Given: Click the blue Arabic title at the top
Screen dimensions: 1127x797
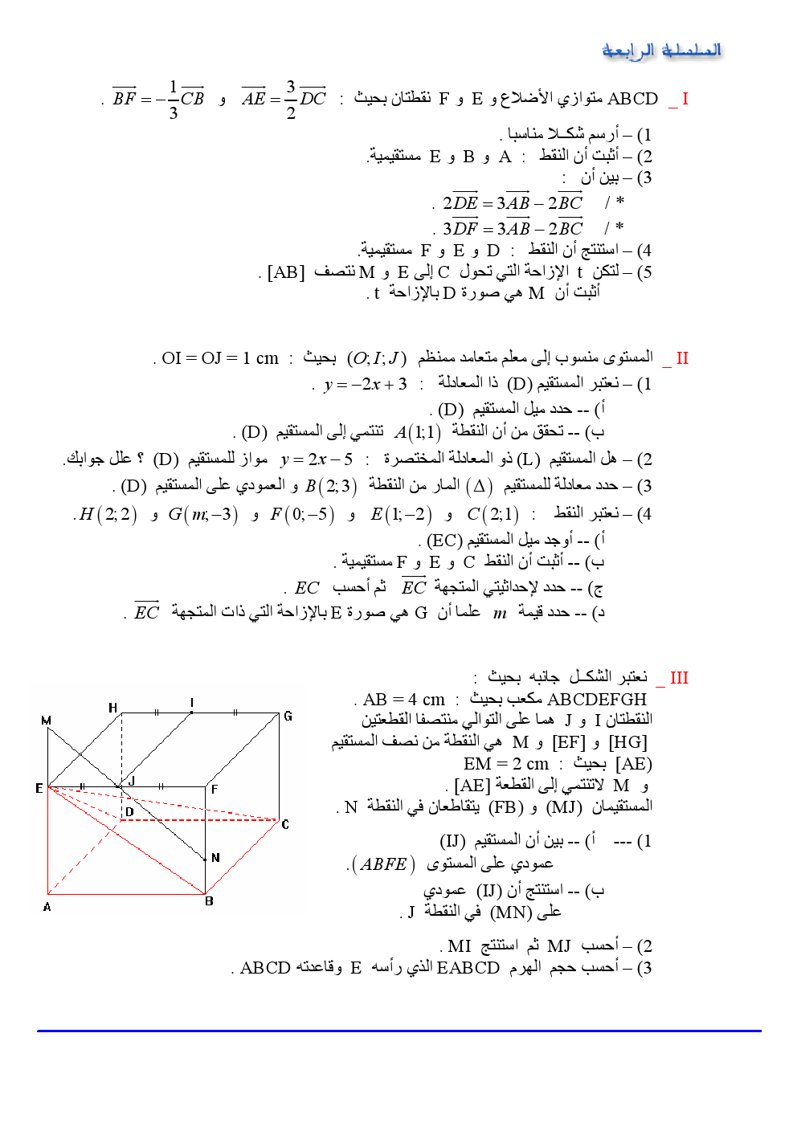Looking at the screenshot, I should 661,51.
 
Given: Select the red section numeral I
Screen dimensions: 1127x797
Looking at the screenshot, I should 685,99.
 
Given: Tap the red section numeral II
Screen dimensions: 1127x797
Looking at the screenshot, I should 682,358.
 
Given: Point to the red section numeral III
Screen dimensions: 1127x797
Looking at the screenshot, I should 679,678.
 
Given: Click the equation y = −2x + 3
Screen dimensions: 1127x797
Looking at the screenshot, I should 366,384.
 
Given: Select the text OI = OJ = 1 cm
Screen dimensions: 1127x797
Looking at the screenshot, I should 220,358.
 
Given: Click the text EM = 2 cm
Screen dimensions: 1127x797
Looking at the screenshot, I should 506,764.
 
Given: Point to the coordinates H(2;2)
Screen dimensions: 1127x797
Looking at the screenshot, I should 108,514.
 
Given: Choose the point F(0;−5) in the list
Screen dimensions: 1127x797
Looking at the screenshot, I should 302,514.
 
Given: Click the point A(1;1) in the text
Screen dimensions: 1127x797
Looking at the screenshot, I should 418,433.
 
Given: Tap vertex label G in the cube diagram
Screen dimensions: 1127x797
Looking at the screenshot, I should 288,716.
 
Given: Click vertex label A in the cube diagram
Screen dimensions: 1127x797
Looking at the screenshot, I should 47,907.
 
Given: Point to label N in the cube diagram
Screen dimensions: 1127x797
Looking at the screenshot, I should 215,858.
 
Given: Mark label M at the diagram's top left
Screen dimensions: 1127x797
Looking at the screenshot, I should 46,721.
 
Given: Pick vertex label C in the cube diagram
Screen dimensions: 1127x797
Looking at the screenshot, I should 285,824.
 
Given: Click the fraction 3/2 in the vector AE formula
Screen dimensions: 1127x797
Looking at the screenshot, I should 291,100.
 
